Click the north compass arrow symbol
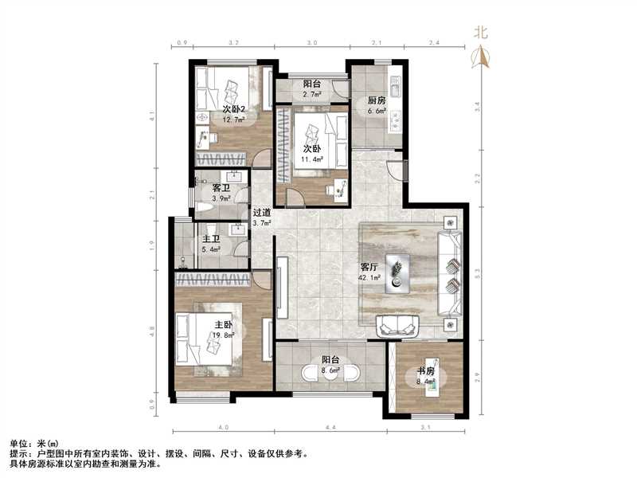480,57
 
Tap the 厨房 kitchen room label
377,100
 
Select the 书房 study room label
425,370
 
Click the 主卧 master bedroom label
223,325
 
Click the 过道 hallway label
262,213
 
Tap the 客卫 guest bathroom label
221,188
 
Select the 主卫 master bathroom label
211,237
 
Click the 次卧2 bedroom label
233,109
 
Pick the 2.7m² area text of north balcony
312,94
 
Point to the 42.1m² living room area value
370,279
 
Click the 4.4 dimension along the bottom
330,429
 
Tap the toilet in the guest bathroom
203,209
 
